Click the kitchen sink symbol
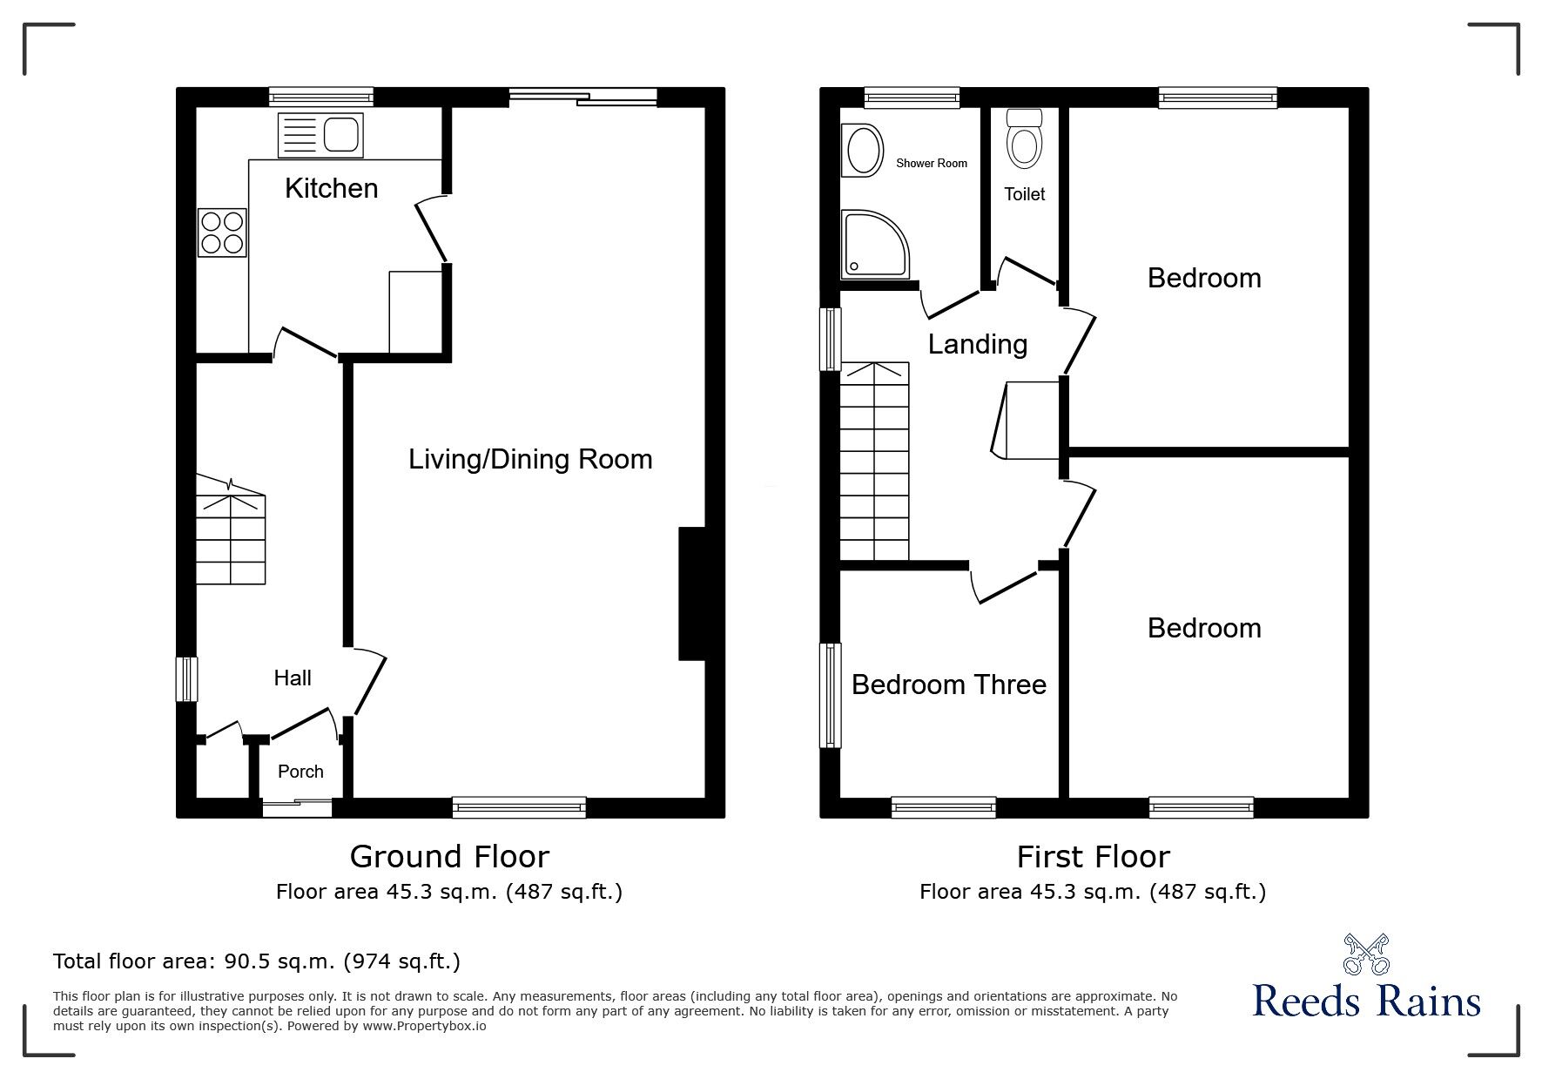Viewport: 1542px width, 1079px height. tap(320, 135)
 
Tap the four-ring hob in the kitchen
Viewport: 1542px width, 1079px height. tap(221, 232)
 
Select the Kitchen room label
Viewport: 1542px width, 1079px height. tap(332, 188)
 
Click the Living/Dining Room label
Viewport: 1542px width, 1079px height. tap(530, 459)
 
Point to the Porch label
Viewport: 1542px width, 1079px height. tap(300, 772)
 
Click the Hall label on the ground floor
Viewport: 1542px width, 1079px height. tap(293, 678)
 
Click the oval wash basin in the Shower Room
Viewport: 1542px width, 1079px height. tap(862, 150)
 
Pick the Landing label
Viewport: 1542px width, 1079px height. tap(978, 344)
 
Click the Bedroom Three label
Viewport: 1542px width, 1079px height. tap(949, 684)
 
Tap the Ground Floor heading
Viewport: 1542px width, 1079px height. tap(449, 856)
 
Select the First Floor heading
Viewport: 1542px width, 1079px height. tap(1093, 856)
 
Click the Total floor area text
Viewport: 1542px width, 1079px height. tap(257, 961)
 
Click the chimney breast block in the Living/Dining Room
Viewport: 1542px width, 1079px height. tap(691, 593)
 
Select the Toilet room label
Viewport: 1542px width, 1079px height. tap(1025, 194)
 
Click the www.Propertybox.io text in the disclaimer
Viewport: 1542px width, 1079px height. tap(424, 1026)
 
